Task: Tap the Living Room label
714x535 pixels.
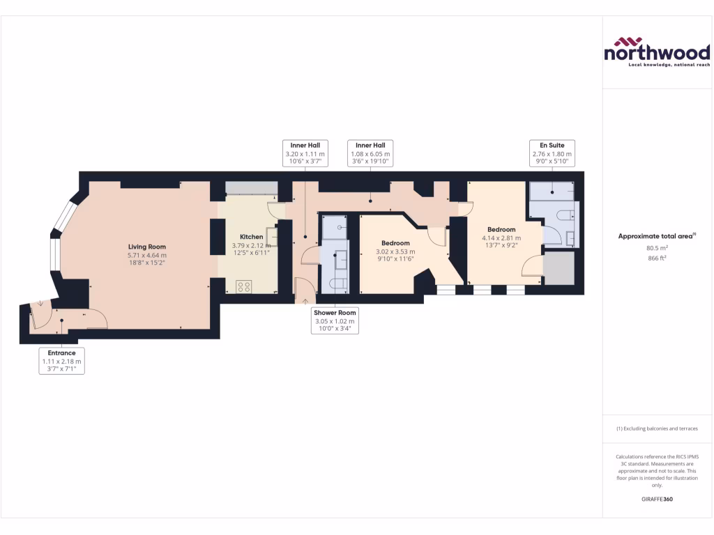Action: point(146,247)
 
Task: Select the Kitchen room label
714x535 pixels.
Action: point(251,237)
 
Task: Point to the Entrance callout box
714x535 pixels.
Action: point(61,361)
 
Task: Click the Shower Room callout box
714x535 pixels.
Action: point(335,320)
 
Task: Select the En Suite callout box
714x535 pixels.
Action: point(551,153)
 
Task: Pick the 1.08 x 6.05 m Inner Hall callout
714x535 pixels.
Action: point(370,153)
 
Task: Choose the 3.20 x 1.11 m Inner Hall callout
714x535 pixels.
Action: point(305,153)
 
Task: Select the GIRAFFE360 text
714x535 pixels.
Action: point(657,499)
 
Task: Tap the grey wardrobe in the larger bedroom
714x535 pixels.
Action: point(559,268)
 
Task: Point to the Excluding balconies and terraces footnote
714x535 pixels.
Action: point(657,428)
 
